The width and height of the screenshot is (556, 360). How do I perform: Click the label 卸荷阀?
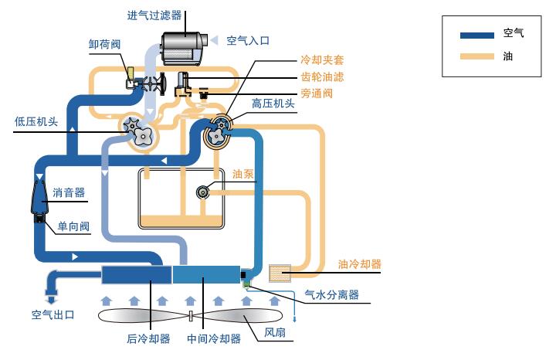coord(104,45)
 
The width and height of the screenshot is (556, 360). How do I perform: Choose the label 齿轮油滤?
coord(321,76)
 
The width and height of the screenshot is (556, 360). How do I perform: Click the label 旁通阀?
coord(316,93)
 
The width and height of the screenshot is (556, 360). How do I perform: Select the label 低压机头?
coord(36,121)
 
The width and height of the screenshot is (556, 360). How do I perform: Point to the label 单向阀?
coord(73,226)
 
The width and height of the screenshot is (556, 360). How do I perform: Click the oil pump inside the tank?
coord(205,192)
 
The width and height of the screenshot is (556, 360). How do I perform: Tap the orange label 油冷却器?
coord(359,264)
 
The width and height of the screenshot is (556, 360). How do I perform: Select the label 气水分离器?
coord(331,294)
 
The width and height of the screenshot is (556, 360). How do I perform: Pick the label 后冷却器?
coord(148,338)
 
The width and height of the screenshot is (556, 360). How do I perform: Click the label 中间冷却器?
coord(214,338)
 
